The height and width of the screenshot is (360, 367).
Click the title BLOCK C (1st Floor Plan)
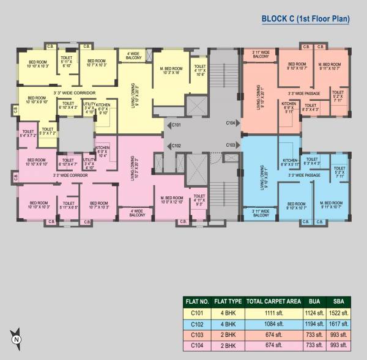tap(305, 19)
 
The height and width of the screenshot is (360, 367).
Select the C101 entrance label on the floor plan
tap(176, 125)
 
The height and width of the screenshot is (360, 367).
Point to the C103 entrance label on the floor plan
tap(231, 145)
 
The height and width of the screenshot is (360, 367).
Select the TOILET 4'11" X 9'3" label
tap(199, 200)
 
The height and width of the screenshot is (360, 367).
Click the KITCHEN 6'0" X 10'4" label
tap(102, 152)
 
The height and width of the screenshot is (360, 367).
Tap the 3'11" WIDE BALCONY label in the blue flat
tap(261, 214)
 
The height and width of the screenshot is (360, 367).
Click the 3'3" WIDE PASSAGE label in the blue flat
tap(304, 175)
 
